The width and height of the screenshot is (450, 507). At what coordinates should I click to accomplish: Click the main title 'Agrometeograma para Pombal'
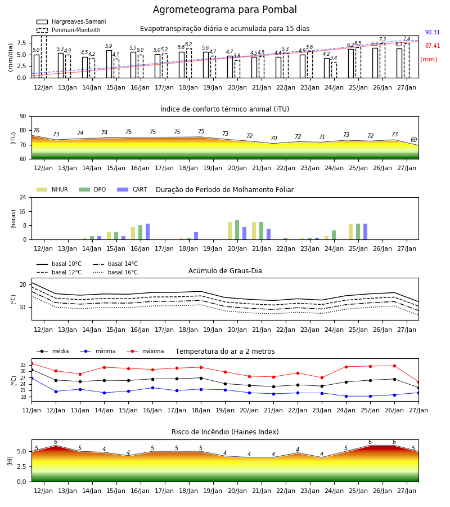pos(224,10)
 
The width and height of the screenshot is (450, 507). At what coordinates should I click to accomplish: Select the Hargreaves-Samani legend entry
pos(71,21)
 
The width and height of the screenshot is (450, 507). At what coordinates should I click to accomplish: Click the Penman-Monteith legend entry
pos(69,30)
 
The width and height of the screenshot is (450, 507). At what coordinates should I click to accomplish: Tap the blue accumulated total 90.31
pos(433,32)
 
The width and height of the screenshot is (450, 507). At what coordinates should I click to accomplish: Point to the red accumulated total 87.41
pos(433,46)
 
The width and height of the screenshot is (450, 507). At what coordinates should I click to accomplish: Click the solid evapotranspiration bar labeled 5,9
pos(109,64)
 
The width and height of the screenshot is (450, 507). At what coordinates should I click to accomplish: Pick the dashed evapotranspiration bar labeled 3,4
pos(334,70)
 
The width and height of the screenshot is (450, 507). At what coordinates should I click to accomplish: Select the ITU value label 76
pos(36,130)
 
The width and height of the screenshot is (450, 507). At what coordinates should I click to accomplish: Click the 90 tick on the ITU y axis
pos(23,117)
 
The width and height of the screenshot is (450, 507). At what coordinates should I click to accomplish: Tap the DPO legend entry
pos(92,189)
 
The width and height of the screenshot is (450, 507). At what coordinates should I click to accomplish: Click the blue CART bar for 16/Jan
pos(147,232)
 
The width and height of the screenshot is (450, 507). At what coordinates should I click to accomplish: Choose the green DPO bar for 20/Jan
pos(237,230)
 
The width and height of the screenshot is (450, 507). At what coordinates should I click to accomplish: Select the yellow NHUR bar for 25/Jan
pos(350,232)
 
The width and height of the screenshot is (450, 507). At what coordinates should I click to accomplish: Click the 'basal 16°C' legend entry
pos(115,272)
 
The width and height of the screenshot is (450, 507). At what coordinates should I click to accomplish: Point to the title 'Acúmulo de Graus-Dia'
pos(225,271)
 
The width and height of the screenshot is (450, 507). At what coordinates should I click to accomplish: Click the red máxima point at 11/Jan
pos(32,364)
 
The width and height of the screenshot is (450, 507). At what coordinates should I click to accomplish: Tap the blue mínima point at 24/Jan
pos(346,396)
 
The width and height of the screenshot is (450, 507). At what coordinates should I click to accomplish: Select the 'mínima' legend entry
pos(98,351)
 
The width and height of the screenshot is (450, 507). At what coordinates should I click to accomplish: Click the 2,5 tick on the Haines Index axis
pos(21,466)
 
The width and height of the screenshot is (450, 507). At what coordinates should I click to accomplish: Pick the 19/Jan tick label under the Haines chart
pos(213,491)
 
